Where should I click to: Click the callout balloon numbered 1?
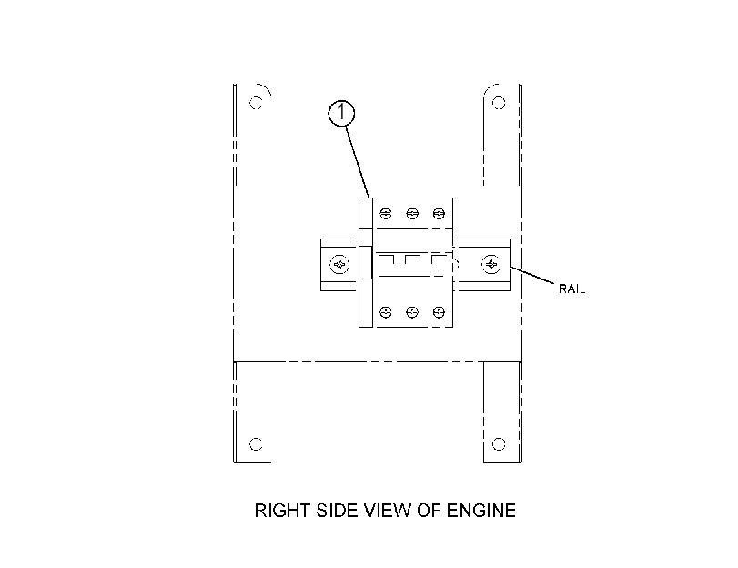[340, 113]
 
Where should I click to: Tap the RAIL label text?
[571, 289]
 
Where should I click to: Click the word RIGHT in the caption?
[282, 511]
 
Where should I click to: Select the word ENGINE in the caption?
[481, 511]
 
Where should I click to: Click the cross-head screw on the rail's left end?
[339, 264]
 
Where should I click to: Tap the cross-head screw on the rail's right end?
[490, 264]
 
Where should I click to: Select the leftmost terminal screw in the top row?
[386, 213]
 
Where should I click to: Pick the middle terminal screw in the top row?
[412, 213]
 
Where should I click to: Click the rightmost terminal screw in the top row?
[439, 213]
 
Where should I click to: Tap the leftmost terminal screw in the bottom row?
[386, 312]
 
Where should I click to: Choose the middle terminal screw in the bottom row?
[412, 312]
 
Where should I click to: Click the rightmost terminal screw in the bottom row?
[439, 312]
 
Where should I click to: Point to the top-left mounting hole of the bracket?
[256, 103]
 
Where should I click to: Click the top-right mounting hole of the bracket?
[499, 103]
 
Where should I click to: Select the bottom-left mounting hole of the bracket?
[256, 443]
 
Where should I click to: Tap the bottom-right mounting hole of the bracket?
[499, 443]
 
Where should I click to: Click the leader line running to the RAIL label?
[531, 275]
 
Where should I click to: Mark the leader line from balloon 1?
[358, 162]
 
